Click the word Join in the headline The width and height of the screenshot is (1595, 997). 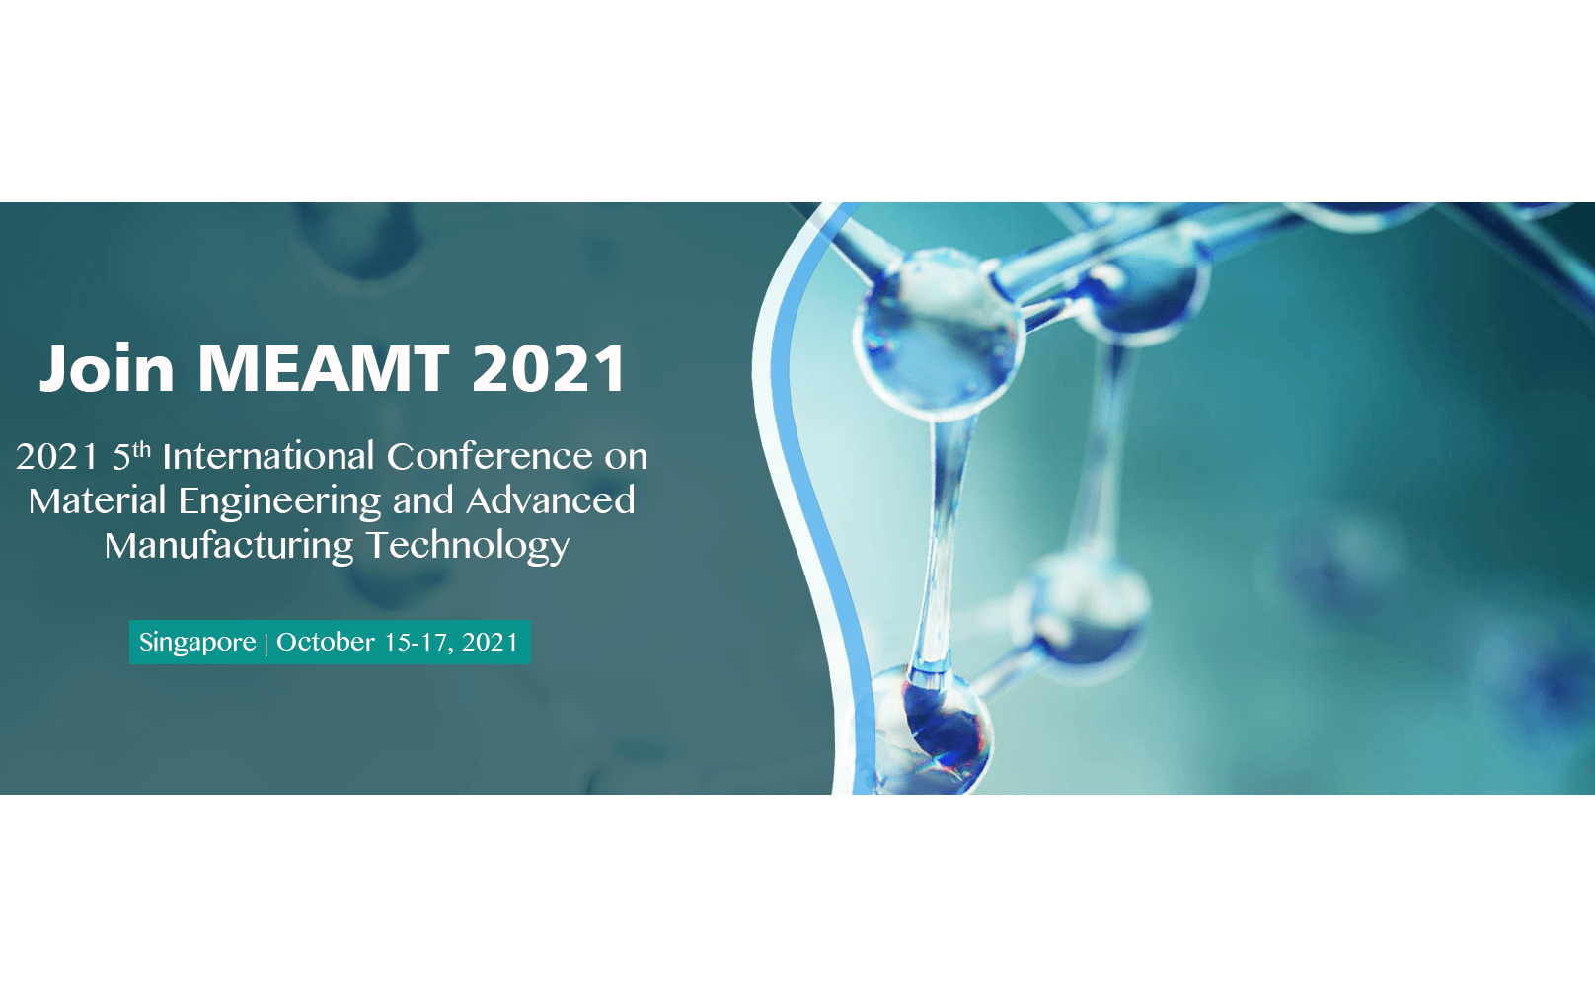coord(107,369)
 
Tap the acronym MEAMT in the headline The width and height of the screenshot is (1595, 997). coord(324,369)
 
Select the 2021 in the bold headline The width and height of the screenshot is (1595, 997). coord(549,369)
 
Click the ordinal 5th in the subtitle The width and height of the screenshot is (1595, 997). coord(131,456)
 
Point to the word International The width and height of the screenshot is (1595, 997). coord(268,456)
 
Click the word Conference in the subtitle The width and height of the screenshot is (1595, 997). coord(490,456)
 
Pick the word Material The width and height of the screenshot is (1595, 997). coord(98,500)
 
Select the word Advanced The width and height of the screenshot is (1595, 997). coord(551,500)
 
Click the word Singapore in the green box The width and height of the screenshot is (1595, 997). coord(197,643)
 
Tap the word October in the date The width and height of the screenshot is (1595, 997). coord(326,642)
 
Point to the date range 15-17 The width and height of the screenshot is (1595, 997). coord(418,643)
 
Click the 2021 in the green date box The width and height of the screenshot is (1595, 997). coord(490,643)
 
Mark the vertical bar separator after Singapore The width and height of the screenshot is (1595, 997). coord(266,644)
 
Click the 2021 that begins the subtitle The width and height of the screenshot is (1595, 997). coord(57,457)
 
